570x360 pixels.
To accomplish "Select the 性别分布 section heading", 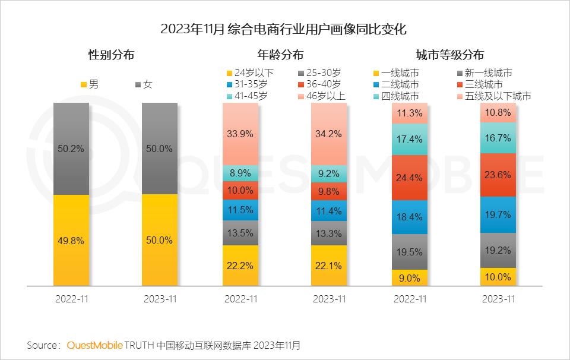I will (111, 55).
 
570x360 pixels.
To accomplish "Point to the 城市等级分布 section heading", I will (449, 55).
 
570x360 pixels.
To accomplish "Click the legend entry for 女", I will (144, 84).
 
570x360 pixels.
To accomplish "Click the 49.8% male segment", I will (71, 241).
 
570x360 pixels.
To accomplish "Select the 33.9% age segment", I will (240, 134).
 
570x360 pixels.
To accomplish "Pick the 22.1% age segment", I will (330, 266).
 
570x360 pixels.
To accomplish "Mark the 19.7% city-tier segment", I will (498, 214).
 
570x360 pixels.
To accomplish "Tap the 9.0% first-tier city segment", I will (410, 277).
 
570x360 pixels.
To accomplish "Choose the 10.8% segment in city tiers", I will (498, 112).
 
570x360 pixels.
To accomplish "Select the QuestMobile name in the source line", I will (94, 345).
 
